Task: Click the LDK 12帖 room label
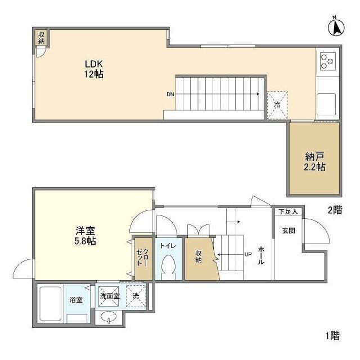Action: pyautogui.click(x=93, y=69)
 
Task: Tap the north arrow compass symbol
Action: pyautogui.click(x=335, y=27)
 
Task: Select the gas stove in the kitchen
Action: pyautogui.click(x=327, y=60)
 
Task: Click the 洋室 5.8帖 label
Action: pyautogui.click(x=85, y=236)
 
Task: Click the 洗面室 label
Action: pyautogui.click(x=109, y=295)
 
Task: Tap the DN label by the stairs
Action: pyautogui.click(x=170, y=94)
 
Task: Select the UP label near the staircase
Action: pyautogui.click(x=247, y=254)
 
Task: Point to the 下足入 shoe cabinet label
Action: pyautogui.click(x=288, y=211)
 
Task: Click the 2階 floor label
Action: pyautogui.click(x=335, y=210)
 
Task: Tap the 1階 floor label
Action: pyautogui.click(x=332, y=336)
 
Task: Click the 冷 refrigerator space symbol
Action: pyautogui.click(x=277, y=105)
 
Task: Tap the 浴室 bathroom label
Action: pyautogui.click(x=76, y=300)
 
